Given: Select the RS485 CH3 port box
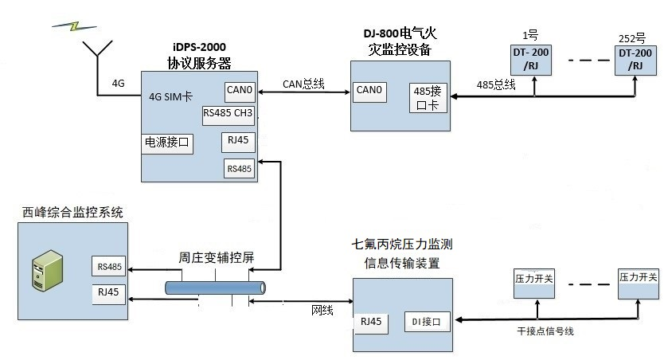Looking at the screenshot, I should point(228,112).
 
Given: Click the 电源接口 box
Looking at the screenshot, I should point(167,143).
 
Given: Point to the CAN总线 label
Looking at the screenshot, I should point(303,83).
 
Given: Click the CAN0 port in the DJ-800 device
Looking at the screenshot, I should point(370,91).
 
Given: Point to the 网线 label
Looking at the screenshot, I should point(321,310).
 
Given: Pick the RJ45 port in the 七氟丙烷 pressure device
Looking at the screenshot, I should point(371,322).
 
